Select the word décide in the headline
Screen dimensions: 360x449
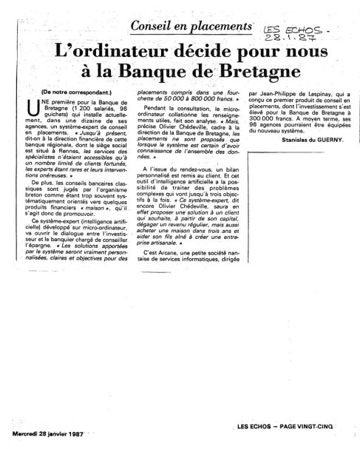click(x=200, y=53)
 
